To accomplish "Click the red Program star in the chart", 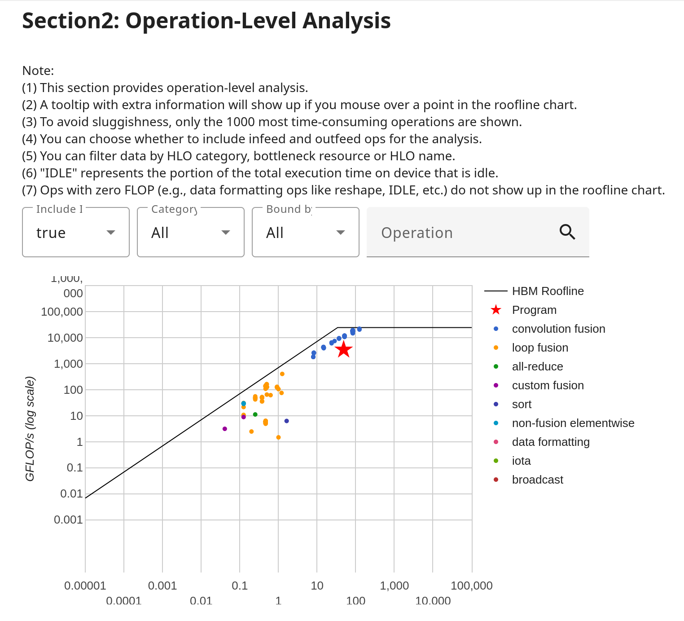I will point(343,349).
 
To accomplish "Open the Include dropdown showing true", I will point(76,233).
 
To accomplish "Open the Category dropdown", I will point(191,233).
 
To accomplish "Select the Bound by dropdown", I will point(306,233).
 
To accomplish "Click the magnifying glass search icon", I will point(567,232).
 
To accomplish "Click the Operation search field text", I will point(417,233).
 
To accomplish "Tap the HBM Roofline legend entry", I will point(548,291).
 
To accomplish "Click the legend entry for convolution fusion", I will point(558,329).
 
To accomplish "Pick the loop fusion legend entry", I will point(540,348).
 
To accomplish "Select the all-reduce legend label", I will point(537,366).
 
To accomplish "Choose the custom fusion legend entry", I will point(548,385).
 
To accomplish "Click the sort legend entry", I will point(522,404).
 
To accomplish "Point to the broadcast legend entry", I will point(537,480).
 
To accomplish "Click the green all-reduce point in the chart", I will point(255,414).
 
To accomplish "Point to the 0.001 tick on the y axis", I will point(68,520).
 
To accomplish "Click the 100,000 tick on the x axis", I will point(471,586).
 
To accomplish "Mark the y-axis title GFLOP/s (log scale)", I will point(30,429).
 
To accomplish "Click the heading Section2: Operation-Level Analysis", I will point(206,21).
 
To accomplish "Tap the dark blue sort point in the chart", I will point(286,421).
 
